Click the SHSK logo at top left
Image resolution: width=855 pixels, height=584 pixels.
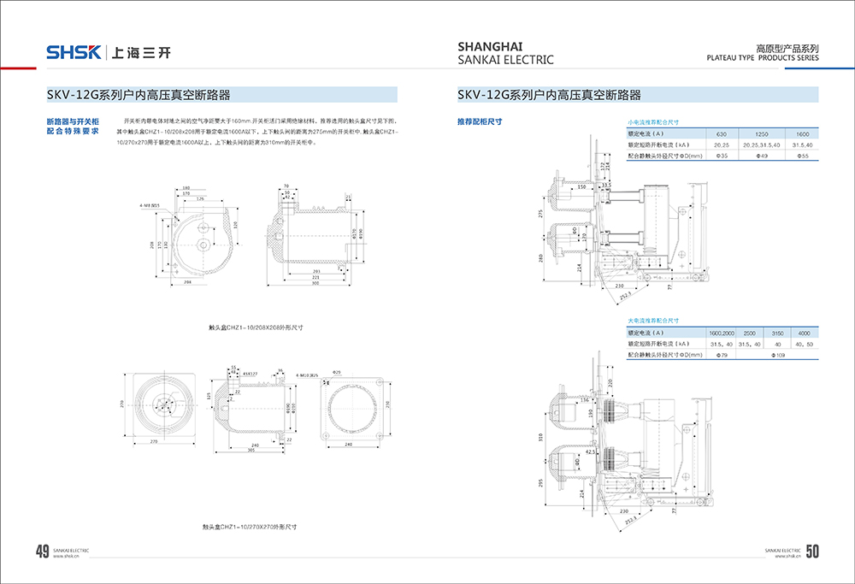pos(74,52)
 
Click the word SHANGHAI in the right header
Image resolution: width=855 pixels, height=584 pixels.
pos(491,46)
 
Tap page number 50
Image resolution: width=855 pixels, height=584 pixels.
pos(812,552)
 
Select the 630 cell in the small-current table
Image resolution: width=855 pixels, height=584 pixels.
pos(721,135)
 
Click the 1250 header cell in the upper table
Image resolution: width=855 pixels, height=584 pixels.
pos(762,135)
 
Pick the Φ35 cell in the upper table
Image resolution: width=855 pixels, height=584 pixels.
pos(721,156)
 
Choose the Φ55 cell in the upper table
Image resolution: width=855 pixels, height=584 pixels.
pos(802,156)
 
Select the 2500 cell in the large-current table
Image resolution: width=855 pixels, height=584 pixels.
pos(748,332)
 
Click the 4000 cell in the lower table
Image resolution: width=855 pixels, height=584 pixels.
pos(804,332)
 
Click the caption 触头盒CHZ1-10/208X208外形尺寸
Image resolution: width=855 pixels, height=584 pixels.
pos(256,327)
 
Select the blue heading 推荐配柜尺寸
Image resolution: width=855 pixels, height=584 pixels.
pos(480,121)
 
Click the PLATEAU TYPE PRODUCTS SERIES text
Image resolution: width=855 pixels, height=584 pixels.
pos(763,60)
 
